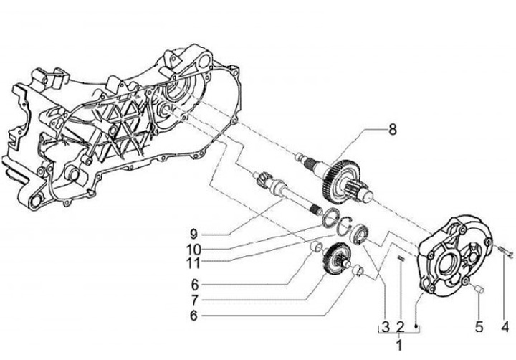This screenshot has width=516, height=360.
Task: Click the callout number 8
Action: pos(392,130)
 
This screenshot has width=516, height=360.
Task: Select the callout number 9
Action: pos(193,232)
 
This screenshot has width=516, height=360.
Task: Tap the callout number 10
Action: pos(195,248)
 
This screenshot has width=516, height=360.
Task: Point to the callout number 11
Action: pos(195,262)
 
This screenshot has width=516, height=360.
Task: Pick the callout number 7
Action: pos(193,298)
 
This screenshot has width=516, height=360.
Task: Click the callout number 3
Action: pos(385,327)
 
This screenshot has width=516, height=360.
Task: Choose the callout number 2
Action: pos(400,327)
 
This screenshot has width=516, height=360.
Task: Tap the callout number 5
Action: pos(479,327)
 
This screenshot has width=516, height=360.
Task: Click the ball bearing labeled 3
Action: pos(358,235)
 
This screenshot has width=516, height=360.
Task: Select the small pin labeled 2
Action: pos(401,259)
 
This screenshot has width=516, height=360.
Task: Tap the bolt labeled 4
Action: pos(505,250)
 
